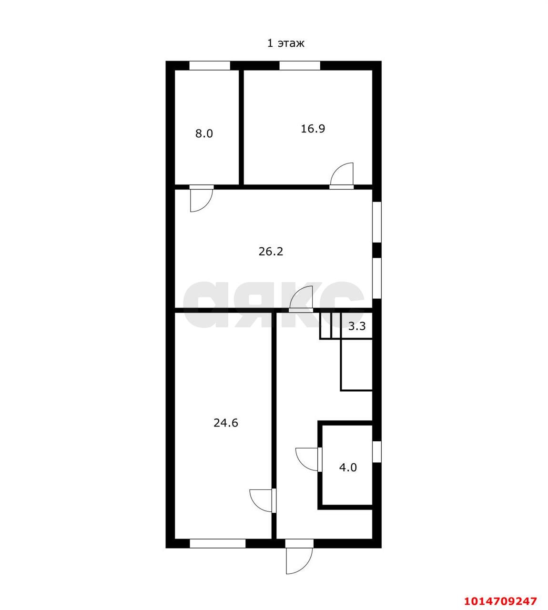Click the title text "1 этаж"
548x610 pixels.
tap(286, 43)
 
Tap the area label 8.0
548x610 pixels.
tap(204, 133)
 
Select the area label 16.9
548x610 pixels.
tap(313, 129)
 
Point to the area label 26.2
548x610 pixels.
tap(271, 252)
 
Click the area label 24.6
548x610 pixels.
tap(225, 423)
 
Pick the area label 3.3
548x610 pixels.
tap(357, 326)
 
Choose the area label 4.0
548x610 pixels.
tap(348, 468)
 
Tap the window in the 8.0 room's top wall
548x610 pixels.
tap(210, 66)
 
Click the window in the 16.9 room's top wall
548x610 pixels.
tap(300, 66)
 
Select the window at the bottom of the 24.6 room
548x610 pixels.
tap(218, 552)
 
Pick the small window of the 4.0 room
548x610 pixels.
tap(376, 452)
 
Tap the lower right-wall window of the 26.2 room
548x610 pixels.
tap(376, 278)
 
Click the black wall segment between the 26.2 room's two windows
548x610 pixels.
tap(376, 250)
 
